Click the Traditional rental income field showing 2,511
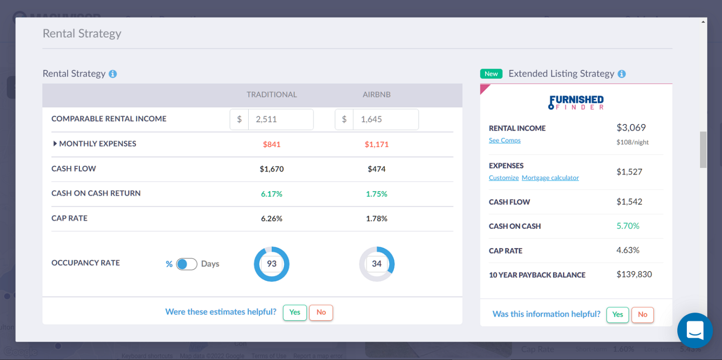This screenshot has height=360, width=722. [280, 119]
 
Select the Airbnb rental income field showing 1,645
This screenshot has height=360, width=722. [385, 119]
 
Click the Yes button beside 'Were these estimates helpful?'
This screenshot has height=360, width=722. [295, 313]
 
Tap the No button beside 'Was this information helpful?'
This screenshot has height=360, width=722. [643, 314]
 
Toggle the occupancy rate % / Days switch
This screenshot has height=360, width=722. [187, 264]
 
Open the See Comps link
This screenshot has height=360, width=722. [504, 141]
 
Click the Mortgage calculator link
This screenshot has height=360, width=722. [550, 178]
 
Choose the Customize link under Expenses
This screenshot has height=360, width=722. [503, 178]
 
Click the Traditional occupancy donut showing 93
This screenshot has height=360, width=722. [272, 264]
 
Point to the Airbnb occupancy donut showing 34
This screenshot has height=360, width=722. [377, 264]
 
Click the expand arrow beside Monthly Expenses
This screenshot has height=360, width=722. [55, 144]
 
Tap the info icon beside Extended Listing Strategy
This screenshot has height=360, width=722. [621, 74]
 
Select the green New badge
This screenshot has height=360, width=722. [491, 74]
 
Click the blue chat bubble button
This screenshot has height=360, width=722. [695, 330]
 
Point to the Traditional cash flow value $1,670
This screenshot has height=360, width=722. [272, 169]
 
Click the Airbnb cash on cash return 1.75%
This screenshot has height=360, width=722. [377, 194]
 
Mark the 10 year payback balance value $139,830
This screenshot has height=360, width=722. [634, 274]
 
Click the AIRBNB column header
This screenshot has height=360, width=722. [377, 94]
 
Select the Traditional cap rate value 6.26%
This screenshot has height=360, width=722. [272, 219]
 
